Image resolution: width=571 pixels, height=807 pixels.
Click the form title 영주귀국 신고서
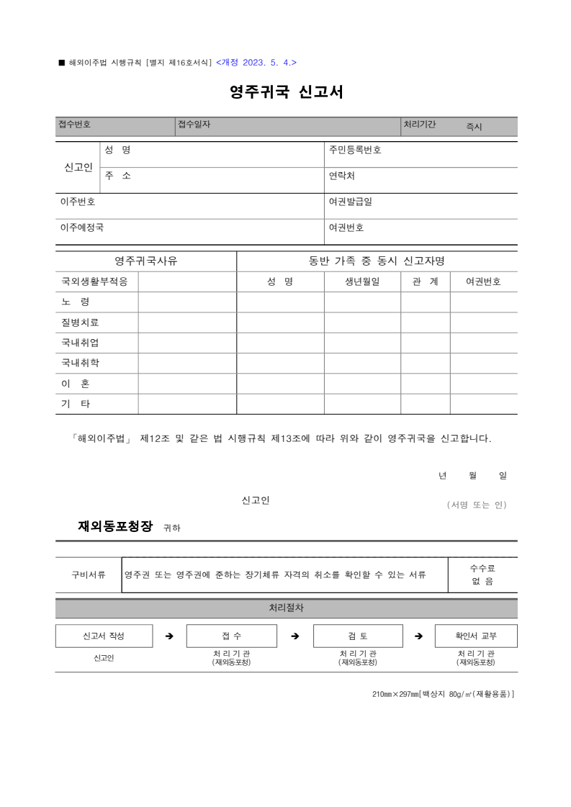point(286,92)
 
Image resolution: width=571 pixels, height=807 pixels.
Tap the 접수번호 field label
point(74,125)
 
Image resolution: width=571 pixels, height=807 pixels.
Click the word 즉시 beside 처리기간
point(474,127)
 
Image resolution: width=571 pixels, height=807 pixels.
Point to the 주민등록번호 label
point(355,150)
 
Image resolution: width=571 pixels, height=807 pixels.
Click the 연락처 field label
point(342,176)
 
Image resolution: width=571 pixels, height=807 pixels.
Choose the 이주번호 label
point(78,202)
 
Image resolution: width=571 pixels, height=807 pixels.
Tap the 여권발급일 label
point(351,202)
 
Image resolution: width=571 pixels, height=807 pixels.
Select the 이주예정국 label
point(82,227)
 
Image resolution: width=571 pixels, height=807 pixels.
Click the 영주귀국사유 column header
point(146,261)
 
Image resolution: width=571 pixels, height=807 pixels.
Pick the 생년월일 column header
point(362,282)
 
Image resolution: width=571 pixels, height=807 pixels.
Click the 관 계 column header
point(426,282)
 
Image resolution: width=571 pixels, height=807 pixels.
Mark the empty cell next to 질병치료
point(187,323)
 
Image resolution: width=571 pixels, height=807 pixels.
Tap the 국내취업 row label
point(81,343)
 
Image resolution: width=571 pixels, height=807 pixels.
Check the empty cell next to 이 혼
point(187,384)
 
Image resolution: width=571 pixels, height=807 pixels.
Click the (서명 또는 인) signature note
point(477,505)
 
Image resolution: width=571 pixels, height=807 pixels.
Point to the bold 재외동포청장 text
point(115,526)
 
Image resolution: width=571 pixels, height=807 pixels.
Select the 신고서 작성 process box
point(104,636)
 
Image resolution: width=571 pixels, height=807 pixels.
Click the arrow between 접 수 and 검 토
point(295,636)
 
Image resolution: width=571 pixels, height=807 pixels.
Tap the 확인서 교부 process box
point(476,636)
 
